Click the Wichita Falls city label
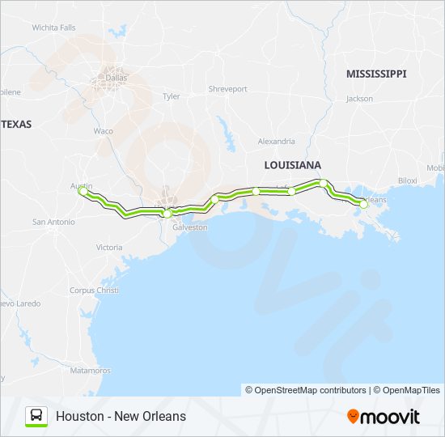(53, 27)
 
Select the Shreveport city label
(227, 89)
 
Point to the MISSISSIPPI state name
(376, 74)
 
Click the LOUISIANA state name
(293, 164)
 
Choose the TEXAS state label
(16, 124)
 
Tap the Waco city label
(104, 130)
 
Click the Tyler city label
(172, 95)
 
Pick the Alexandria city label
(276, 141)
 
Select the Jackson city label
(359, 99)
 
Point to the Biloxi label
(407, 180)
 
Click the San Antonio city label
(53, 222)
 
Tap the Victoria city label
(109, 247)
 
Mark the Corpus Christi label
(94, 290)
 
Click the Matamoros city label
(90, 370)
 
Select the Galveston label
(190, 227)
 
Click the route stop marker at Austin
(82, 192)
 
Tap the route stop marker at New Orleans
(363, 205)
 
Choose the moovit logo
(384, 417)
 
